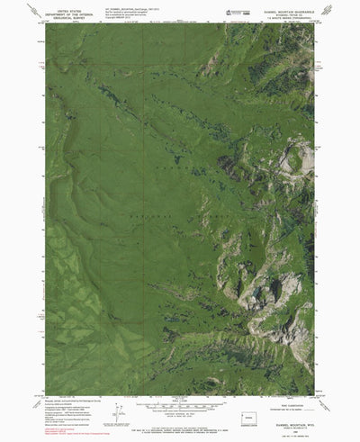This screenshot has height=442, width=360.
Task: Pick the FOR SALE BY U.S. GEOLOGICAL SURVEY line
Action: (180, 417)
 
